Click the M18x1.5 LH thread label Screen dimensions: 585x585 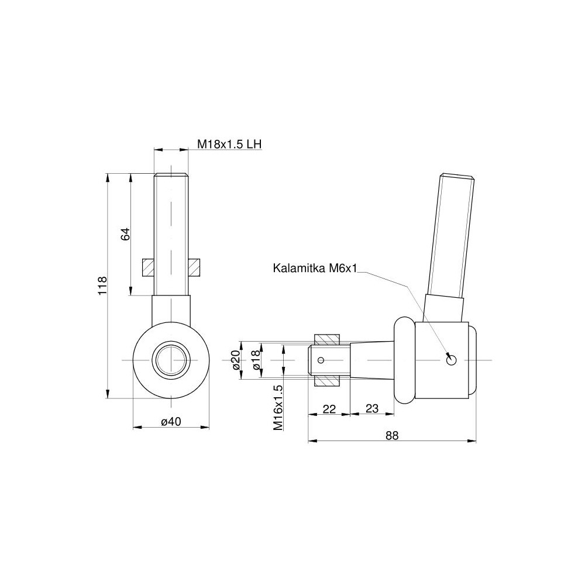tap(229, 144)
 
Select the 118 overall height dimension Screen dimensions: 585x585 tap(102, 285)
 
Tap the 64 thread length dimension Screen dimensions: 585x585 tap(126, 234)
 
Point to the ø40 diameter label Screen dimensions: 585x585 tap(171, 422)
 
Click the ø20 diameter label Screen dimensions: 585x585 tap(235, 360)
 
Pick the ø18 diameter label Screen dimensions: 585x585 tap(256, 360)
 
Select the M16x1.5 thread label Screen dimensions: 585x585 tap(277, 408)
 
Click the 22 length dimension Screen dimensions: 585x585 tap(329, 409)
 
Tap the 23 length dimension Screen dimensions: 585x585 tap(371, 408)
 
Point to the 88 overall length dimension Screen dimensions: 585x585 tap(392, 435)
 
